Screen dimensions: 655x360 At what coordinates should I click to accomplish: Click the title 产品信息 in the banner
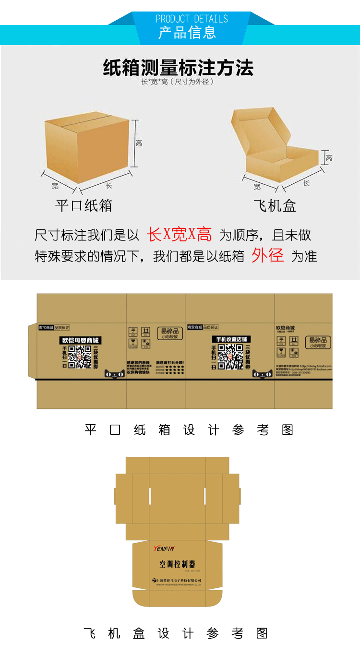coord(187,33)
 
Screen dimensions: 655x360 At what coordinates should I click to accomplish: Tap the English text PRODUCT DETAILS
coord(192,19)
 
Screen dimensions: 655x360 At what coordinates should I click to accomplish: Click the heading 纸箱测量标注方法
coord(178,68)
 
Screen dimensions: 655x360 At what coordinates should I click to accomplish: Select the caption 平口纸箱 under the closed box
coord(84,205)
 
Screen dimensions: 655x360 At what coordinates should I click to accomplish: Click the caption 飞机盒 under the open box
coord(275,206)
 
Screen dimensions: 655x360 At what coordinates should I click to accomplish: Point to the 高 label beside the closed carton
coord(139,143)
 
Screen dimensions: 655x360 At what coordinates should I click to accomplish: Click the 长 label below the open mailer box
coord(306,183)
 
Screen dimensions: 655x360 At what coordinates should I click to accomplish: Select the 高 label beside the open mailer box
coord(329,158)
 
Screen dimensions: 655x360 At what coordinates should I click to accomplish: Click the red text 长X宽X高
coord(179,235)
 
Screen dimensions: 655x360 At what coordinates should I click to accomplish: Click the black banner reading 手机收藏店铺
coord(231,339)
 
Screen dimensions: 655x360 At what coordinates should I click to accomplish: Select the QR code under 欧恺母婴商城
coord(80,357)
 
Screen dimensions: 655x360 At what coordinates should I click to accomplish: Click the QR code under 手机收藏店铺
coord(230,357)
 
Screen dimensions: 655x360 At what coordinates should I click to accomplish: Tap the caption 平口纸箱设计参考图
coord(189,429)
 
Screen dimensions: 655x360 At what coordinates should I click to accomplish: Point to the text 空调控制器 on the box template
coord(177,564)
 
